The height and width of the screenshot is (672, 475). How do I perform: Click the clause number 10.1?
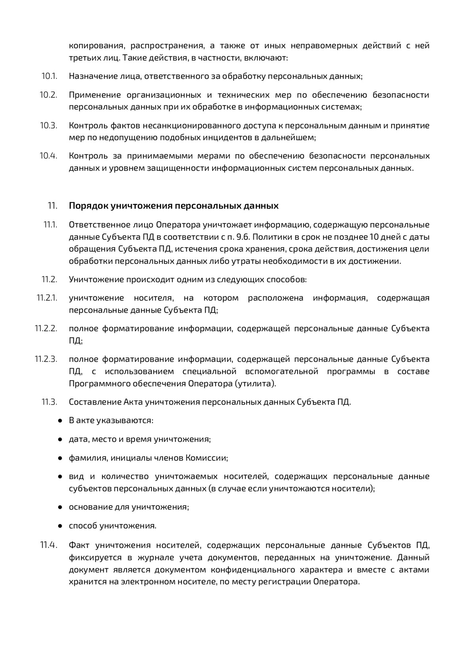[x=49, y=76]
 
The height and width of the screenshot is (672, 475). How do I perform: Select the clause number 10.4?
[x=48, y=156]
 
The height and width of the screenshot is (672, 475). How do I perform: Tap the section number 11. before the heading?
[x=52, y=206]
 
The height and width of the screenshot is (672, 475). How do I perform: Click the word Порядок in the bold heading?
[x=88, y=206]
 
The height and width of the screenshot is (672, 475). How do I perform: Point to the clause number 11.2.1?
[x=47, y=298]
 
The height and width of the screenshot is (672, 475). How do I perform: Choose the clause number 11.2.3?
[x=46, y=359]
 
